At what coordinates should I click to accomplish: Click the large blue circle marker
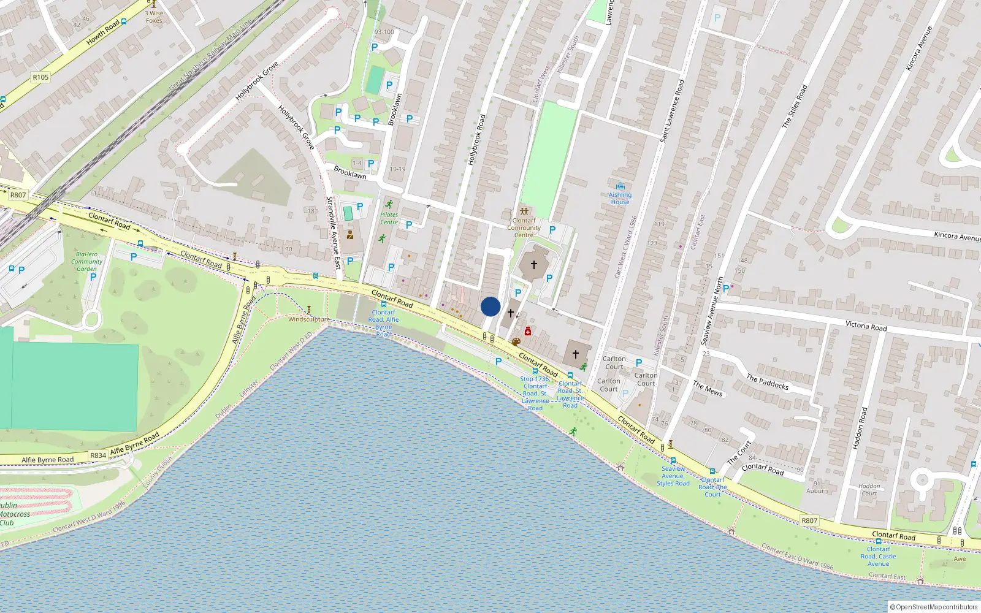click(490, 306)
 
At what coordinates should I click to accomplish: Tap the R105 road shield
click(40, 77)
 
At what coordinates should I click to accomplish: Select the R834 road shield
click(98, 455)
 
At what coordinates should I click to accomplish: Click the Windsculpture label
click(309, 319)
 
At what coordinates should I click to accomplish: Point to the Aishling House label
click(620, 198)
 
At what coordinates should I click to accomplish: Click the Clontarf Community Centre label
click(524, 227)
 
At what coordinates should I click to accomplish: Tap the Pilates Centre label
click(389, 218)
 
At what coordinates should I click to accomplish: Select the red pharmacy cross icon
click(527, 332)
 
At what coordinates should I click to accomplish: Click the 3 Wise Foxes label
click(154, 17)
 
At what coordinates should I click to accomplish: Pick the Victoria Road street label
click(866, 326)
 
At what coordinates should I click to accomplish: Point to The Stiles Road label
click(795, 107)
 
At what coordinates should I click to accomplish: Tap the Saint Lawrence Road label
click(672, 111)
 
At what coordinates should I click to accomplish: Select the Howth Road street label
click(103, 32)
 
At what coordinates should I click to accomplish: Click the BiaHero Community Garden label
click(86, 261)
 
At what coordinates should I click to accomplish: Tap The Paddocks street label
click(768, 382)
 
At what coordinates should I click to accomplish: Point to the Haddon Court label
click(869, 490)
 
